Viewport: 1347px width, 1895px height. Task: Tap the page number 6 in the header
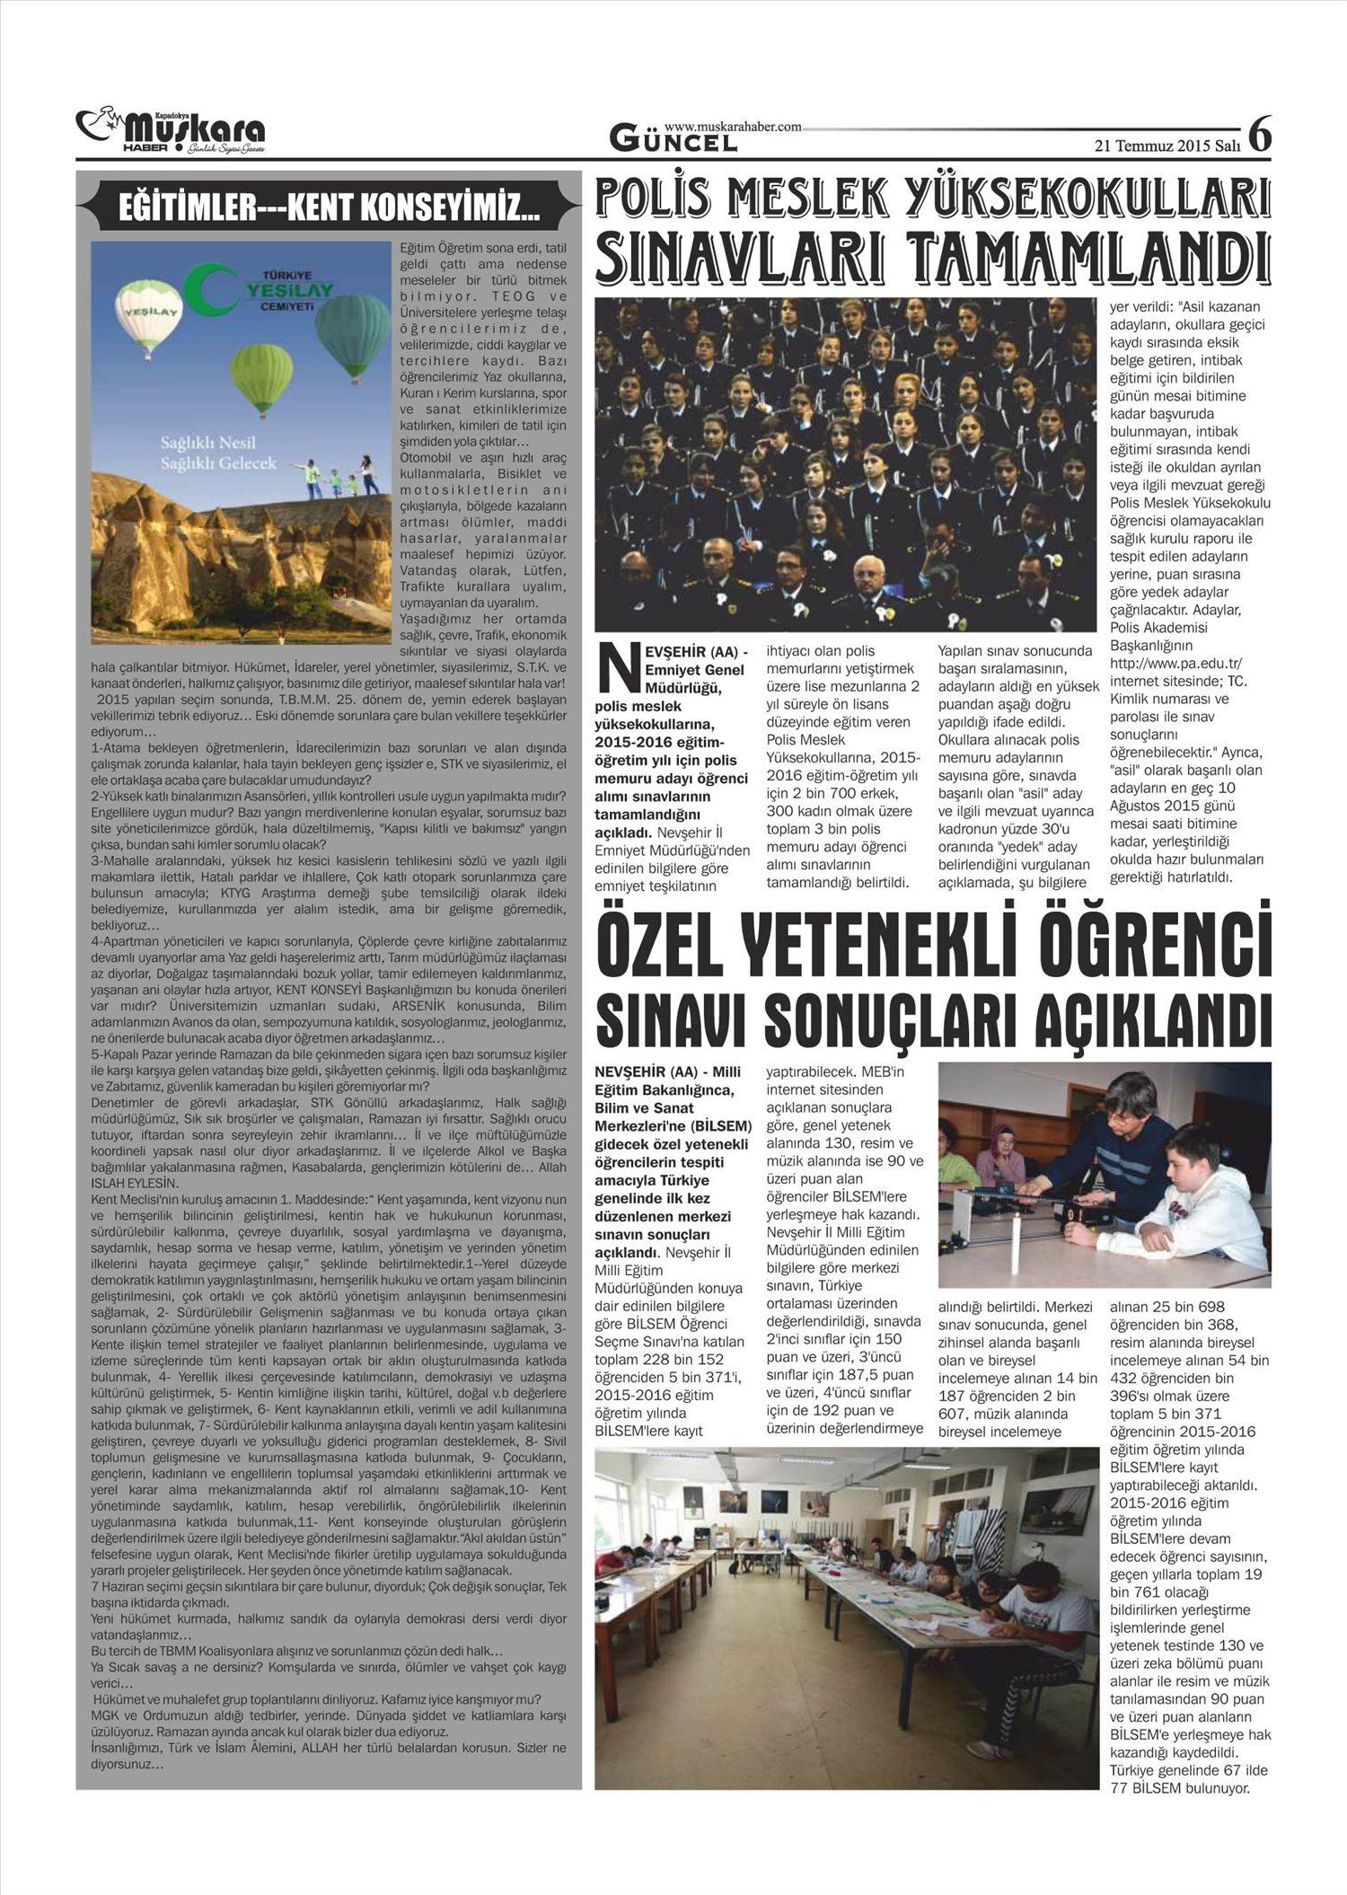coord(1260,136)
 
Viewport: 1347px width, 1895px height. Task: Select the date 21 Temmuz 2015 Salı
coord(1167,144)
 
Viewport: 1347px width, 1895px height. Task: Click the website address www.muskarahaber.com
coord(732,128)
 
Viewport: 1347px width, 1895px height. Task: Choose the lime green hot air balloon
coord(261,377)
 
